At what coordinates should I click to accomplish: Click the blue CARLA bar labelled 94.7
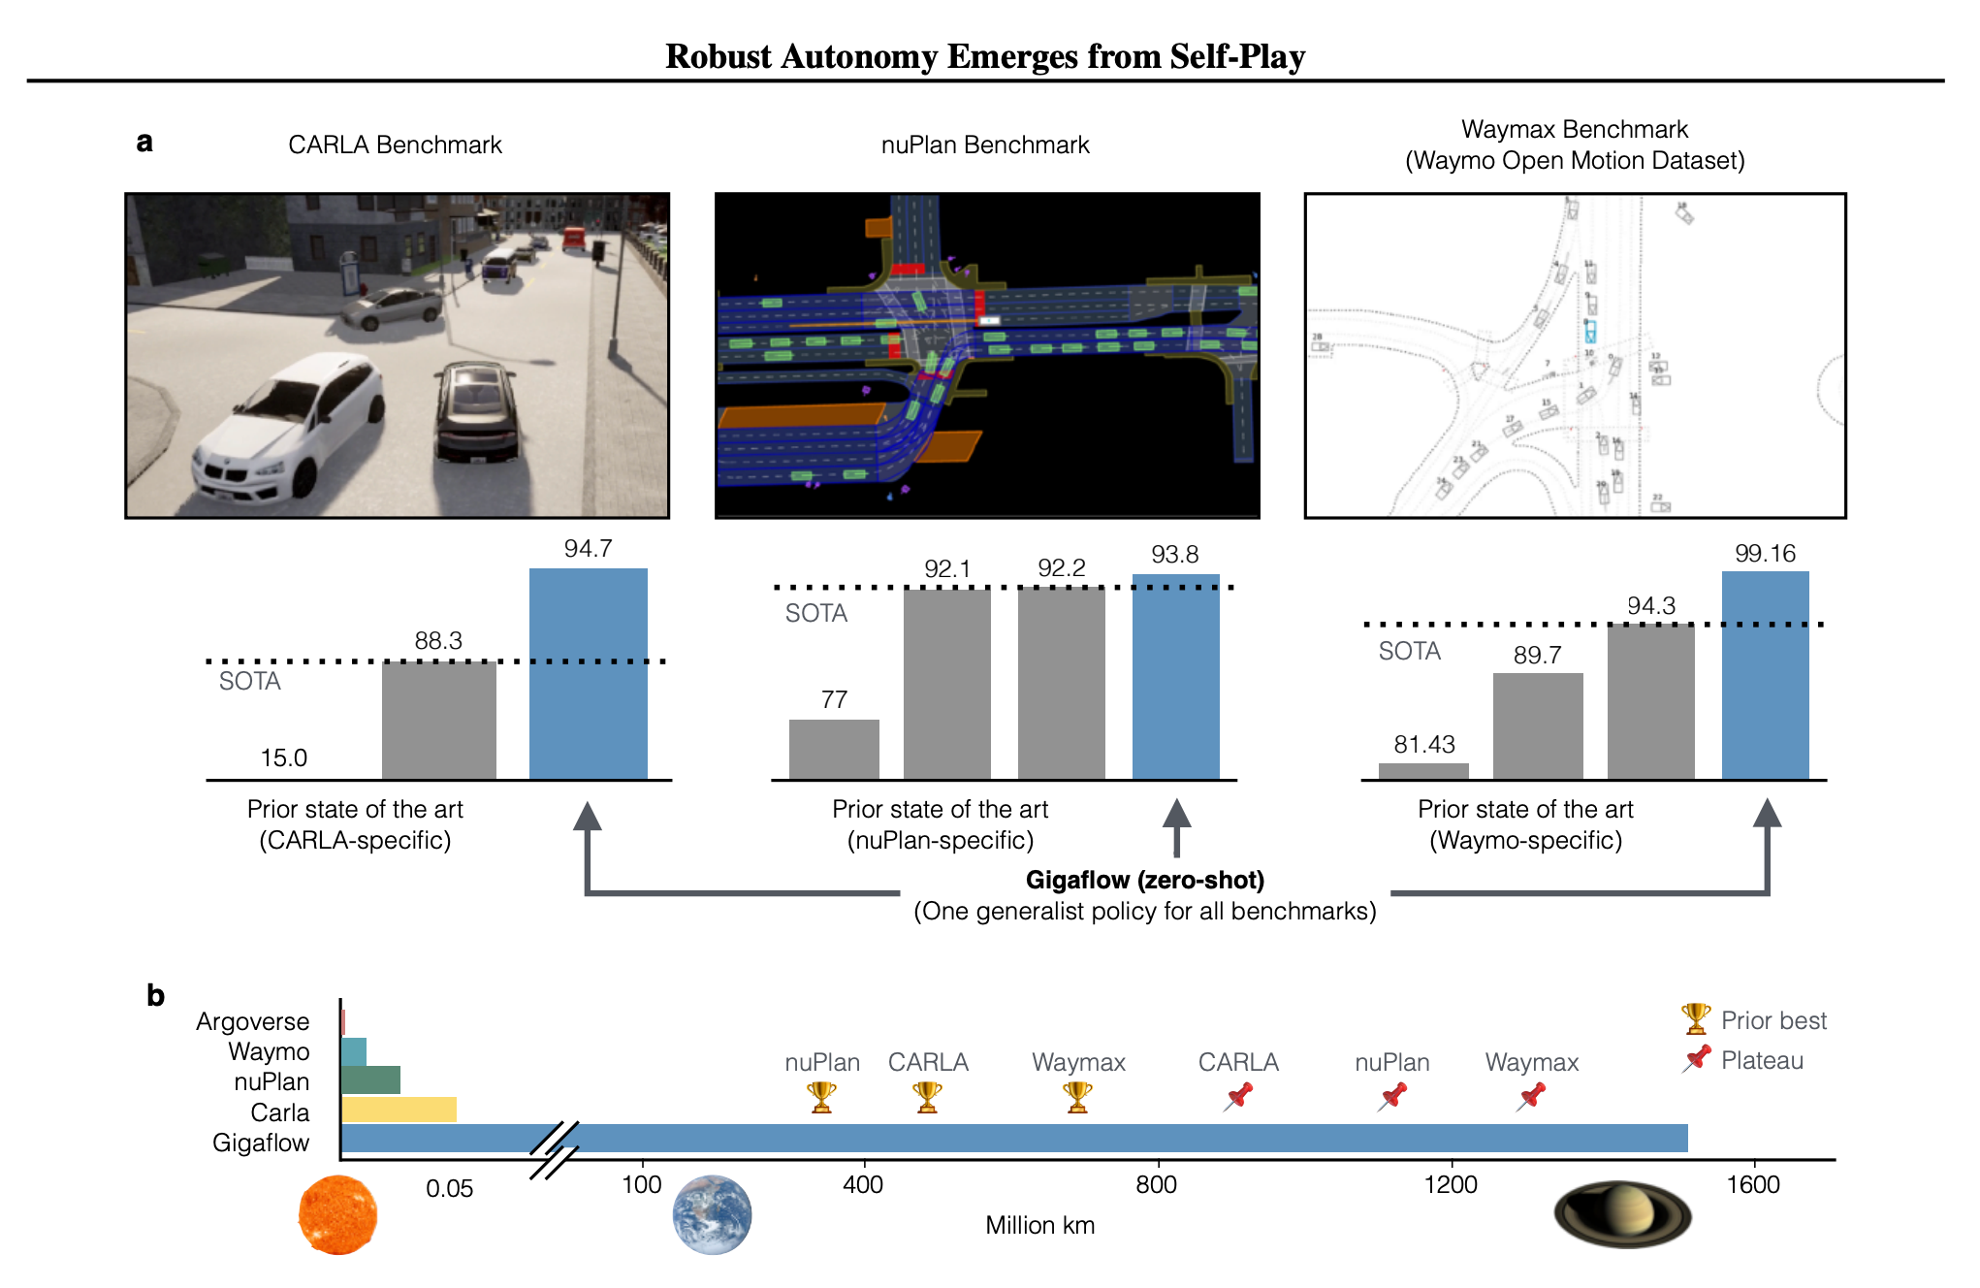[x=588, y=673]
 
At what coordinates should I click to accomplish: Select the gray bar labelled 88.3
[x=438, y=720]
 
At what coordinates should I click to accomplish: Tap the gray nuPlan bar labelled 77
[x=834, y=749]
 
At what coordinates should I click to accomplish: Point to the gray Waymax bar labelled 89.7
[x=1537, y=725]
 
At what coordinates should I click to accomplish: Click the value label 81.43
[x=1423, y=744]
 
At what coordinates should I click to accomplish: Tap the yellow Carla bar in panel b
[x=399, y=1110]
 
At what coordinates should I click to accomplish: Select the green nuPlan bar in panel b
[x=370, y=1079]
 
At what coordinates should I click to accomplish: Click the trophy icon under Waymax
[x=1077, y=1097]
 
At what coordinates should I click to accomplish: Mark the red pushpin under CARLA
[x=1238, y=1097]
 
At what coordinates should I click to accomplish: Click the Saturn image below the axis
[x=1622, y=1213]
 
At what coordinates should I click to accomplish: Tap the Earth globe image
[x=712, y=1214]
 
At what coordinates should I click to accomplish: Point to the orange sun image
[x=337, y=1214]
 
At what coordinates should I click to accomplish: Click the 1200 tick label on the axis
[x=1451, y=1184]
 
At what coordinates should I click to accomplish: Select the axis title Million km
[x=1039, y=1225]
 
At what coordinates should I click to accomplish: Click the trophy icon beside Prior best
[x=1695, y=1018]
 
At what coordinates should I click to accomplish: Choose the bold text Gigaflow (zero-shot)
[x=1144, y=880]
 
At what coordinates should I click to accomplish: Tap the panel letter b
[x=155, y=995]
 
